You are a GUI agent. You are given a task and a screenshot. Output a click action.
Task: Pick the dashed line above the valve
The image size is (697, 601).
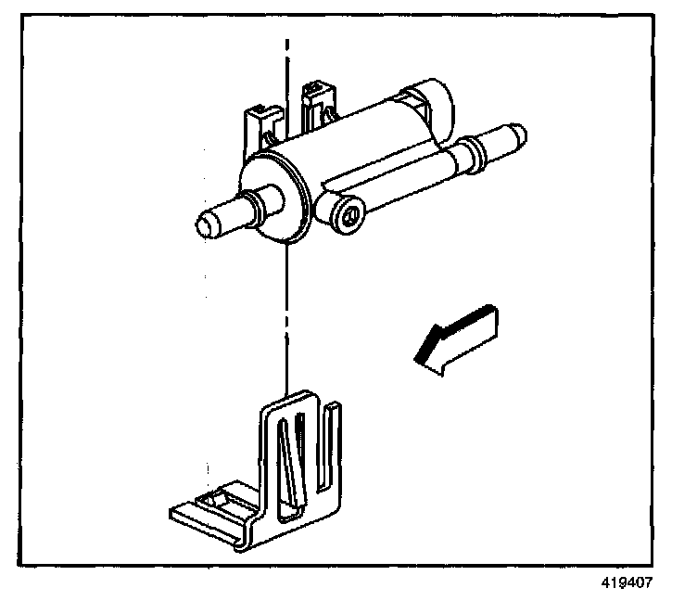pos(288,65)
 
